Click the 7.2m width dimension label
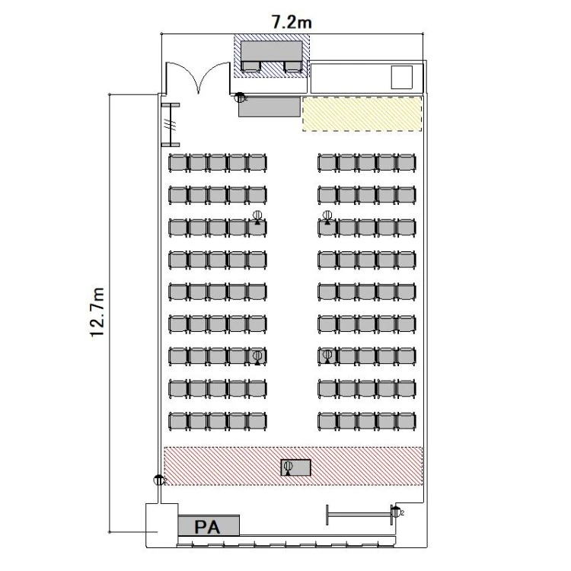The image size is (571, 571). click(x=292, y=22)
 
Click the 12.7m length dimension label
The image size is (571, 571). click(x=97, y=312)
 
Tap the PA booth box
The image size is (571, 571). click(x=209, y=525)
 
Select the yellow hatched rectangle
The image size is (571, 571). click(x=362, y=114)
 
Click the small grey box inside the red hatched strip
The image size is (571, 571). click(x=295, y=467)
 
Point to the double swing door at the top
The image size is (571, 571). click(x=198, y=76)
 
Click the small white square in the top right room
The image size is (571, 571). click(x=402, y=77)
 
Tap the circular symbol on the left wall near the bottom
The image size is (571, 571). click(x=159, y=480)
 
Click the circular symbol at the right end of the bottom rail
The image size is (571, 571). click(x=396, y=512)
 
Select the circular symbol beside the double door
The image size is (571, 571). click(x=240, y=97)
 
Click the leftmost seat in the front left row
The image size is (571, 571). click(x=178, y=162)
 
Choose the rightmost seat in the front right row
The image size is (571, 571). click(x=407, y=162)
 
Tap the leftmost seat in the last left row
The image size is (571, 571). click(x=178, y=421)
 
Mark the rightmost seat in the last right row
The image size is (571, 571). click(x=407, y=421)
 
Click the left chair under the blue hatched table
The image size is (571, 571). click(x=251, y=67)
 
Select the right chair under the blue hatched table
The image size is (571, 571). click(x=293, y=67)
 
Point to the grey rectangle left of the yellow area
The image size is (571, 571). click(x=270, y=107)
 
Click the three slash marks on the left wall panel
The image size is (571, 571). click(x=170, y=125)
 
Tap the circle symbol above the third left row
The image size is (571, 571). click(x=257, y=215)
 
